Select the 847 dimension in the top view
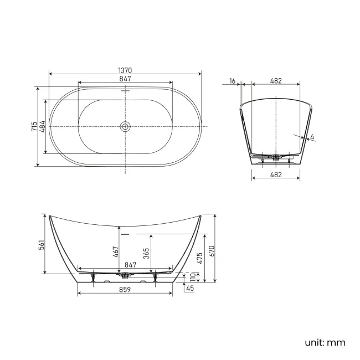click(x=125, y=79)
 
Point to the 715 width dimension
click(x=35, y=126)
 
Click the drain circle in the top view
click(x=125, y=126)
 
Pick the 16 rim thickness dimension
click(x=232, y=81)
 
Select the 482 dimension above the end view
click(x=276, y=81)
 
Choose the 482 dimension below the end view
click(x=276, y=174)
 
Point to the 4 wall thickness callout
click(x=312, y=136)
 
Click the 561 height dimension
click(x=42, y=244)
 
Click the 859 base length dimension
click(x=125, y=289)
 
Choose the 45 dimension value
click(x=191, y=289)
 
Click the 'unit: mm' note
click(x=325, y=342)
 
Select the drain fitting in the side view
click(x=125, y=274)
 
